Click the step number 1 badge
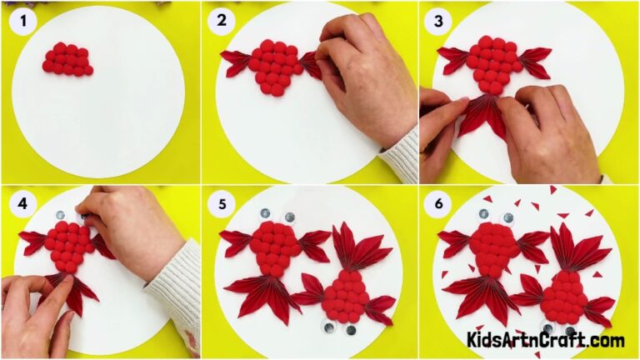(x=22, y=22)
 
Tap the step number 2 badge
(x=222, y=22)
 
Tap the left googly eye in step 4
(x=61, y=216)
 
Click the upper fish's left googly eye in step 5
(x=265, y=214)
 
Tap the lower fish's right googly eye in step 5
(x=351, y=330)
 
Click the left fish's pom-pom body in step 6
(x=491, y=248)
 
